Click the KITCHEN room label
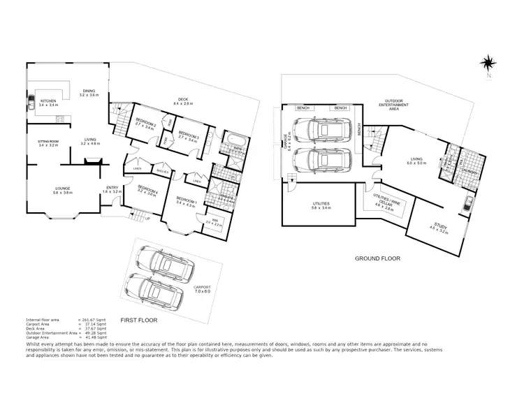point(48,102)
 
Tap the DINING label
point(87,91)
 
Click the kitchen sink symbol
point(31,105)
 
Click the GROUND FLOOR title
point(377,258)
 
